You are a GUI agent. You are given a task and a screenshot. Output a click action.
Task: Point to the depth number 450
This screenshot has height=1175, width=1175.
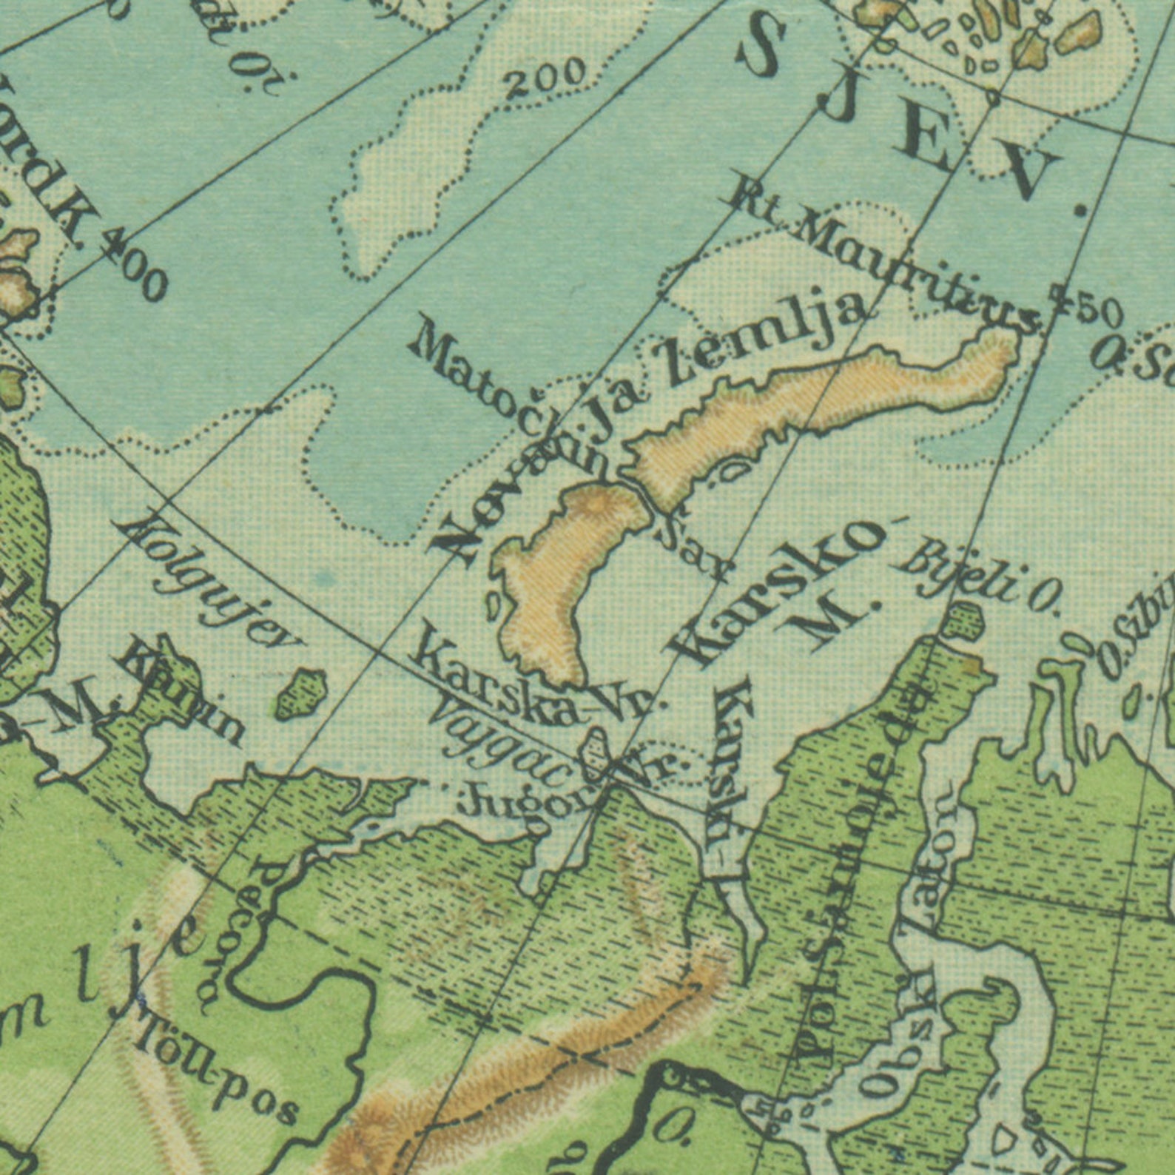[x=1086, y=302]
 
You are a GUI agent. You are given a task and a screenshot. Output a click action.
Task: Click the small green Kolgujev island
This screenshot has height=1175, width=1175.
[x=301, y=693]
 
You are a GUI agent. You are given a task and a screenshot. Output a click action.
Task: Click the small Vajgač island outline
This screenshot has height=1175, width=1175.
[x=596, y=751]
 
